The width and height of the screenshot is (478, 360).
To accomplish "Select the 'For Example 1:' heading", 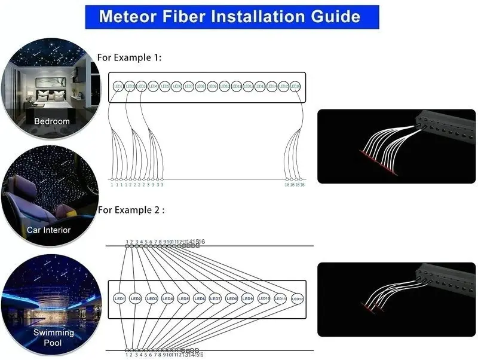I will pyautogui.click(x=129, y=58).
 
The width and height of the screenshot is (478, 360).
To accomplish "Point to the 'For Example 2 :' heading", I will pyautogui.click(x=131, y=210).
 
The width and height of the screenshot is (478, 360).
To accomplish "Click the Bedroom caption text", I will pyautogui.click(x=51, y=121).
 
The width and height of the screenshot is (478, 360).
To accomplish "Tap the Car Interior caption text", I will pyautogui.click(x=48, y=230).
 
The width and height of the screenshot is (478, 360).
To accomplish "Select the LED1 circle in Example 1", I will pyautogui.click(x=118, y=87).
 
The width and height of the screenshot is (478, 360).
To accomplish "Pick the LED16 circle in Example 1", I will pyautogui.click(x=295, y=87).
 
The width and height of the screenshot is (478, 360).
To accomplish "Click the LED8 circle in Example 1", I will pyautogui.click(x=201, y=87).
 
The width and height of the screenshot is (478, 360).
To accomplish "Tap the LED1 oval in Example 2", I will pyautogui.click(x=119, y=298).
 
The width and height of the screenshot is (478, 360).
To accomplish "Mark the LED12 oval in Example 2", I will pyautogui.click(x=297, y=298).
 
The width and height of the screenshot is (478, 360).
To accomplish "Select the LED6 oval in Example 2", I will pyautogui.click(x=200, y=298).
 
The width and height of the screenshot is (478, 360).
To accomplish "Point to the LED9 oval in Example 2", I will pyautogui.click(x=248, y=298).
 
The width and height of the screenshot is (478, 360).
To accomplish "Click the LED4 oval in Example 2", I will pyautogui.click(x=167, y=298).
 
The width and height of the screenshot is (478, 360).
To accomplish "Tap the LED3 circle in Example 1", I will pyautogui.click(x=142, y=87).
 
